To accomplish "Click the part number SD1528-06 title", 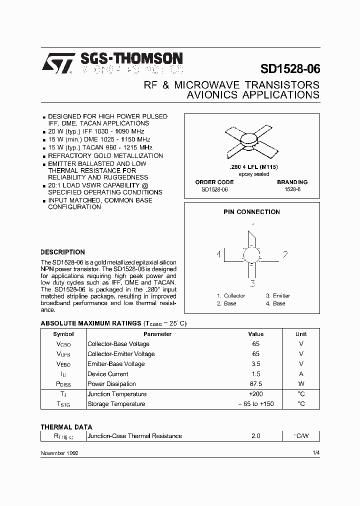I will point(290,69).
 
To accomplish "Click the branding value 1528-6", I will point(292,190).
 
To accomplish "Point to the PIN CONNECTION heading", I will point(251,211).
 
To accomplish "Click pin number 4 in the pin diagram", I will point(219,254).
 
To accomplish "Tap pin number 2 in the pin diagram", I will point(285,254).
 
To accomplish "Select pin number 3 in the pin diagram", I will point(253,284).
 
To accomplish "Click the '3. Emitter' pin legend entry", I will point(277,295).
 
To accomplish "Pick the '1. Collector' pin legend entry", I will point(230,295).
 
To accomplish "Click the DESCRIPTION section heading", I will point(62,252).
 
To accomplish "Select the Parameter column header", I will point(157,334).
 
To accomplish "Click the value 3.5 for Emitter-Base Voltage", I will point(255,364).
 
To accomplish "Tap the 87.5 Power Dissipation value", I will point(255,384).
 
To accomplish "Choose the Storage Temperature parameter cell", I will point(116,404).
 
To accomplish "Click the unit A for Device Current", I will point(301,374).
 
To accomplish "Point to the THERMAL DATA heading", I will point(66,427).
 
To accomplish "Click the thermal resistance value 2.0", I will point(255,436).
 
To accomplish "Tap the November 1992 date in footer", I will point(59,452).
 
